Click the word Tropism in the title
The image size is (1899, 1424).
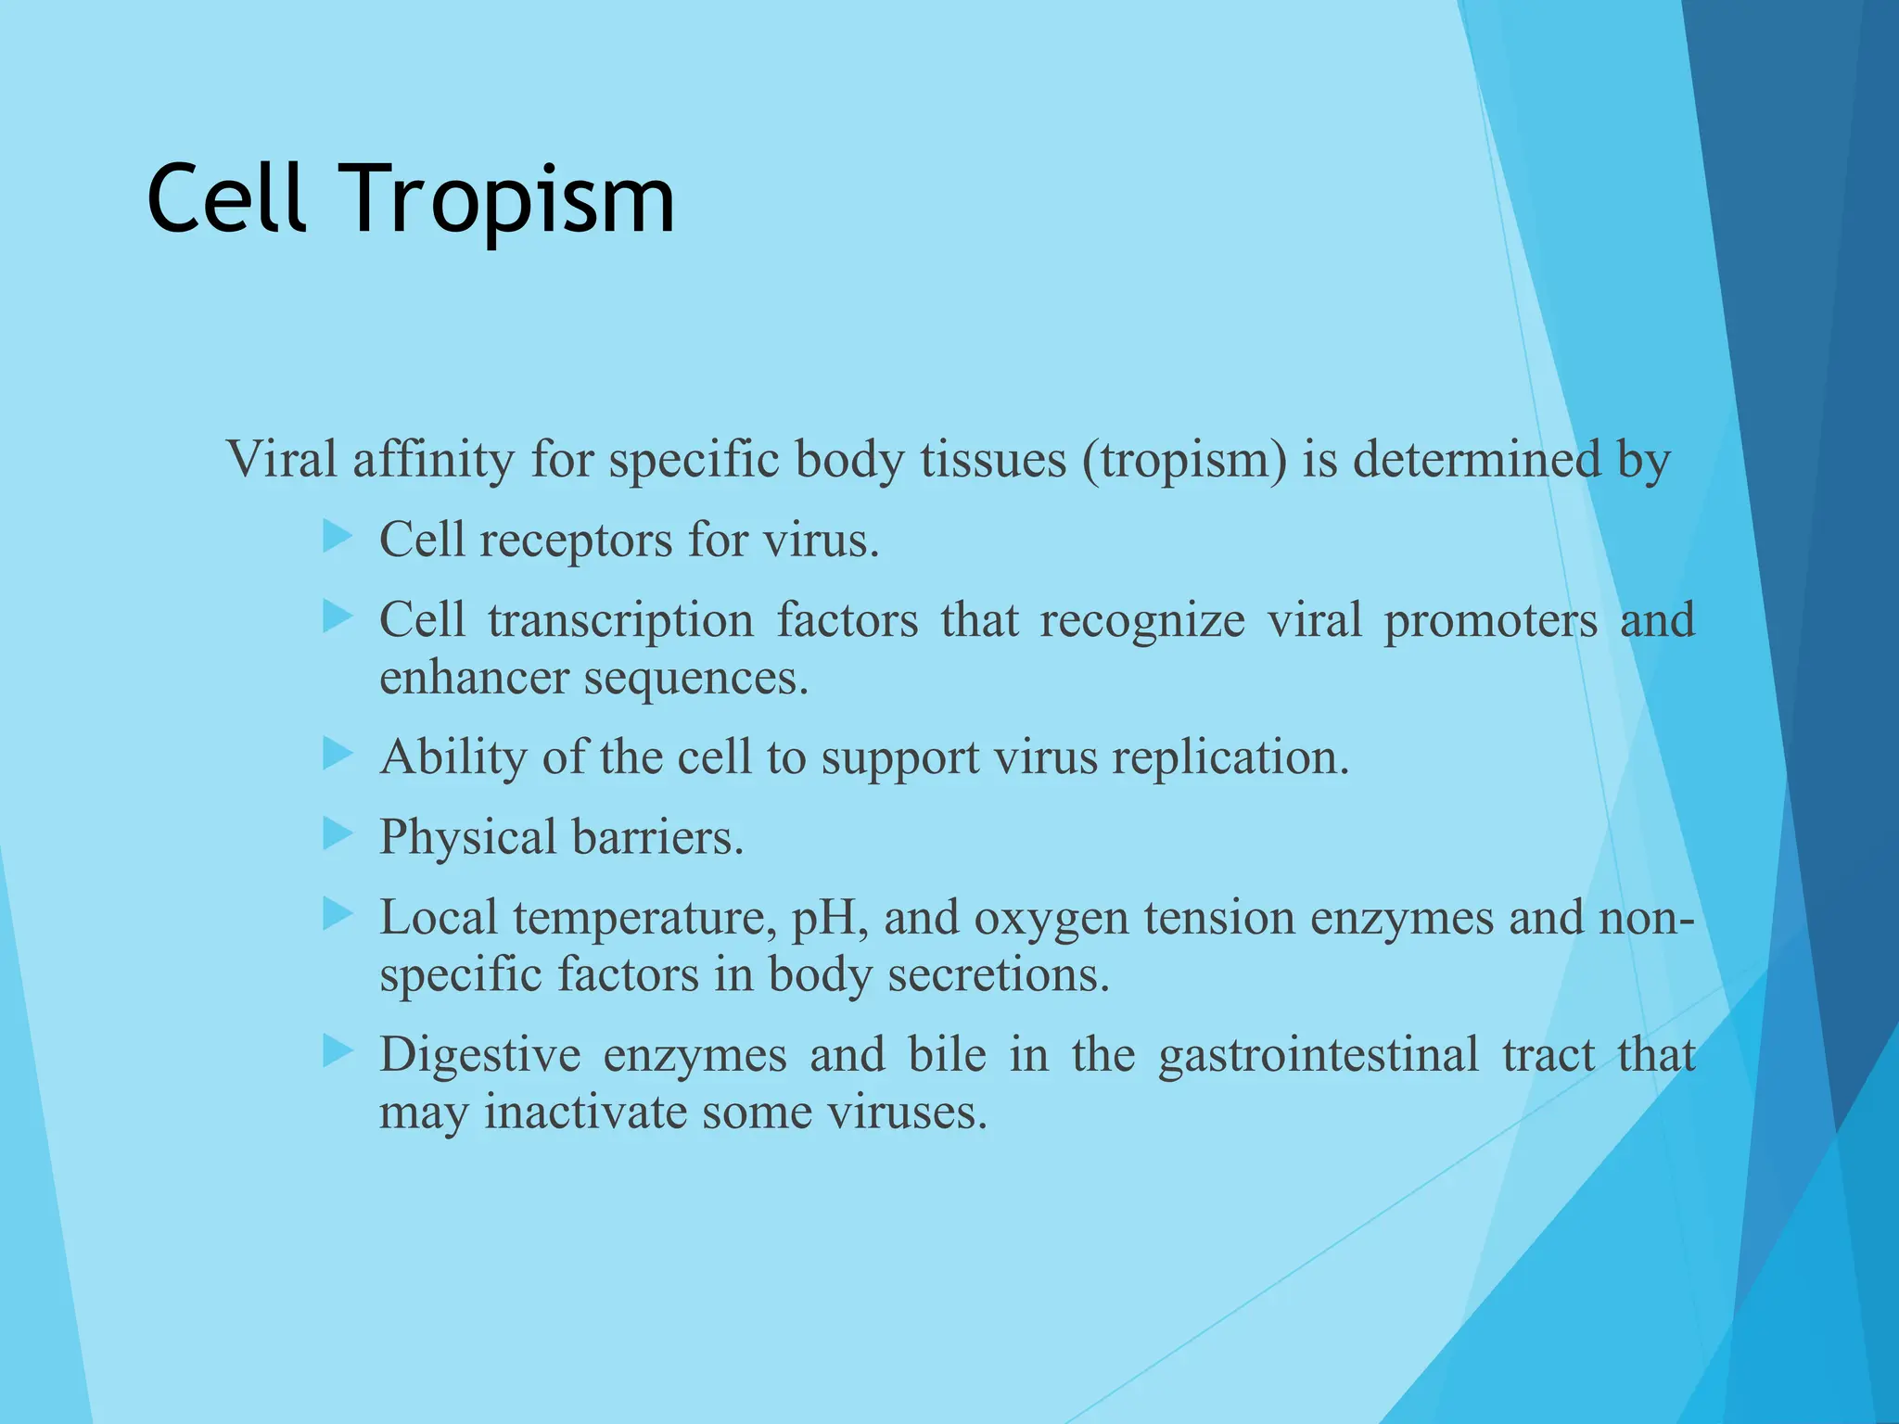click(x=510, y=199)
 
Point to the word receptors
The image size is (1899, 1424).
click(x=575, y=540)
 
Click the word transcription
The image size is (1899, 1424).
click(x=620, y=621)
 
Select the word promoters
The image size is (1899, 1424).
click(x=1490, y=621)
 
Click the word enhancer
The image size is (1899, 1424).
click(x=474, y=678)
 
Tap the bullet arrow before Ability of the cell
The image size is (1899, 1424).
click(x=338, y=754)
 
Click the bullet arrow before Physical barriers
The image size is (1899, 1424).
click(x=338, y=833)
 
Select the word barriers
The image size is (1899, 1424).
click(x=657, y=837)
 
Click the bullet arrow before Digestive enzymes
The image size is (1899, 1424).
click(x=338, y=1050)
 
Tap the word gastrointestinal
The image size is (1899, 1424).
click(x=1318, y=1056)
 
